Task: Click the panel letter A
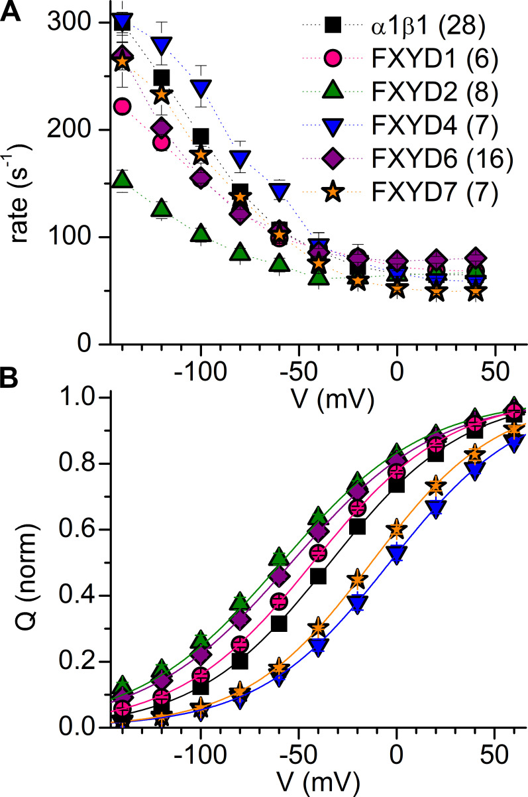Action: coord(11,11)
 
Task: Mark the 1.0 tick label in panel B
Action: coord(76,398)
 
